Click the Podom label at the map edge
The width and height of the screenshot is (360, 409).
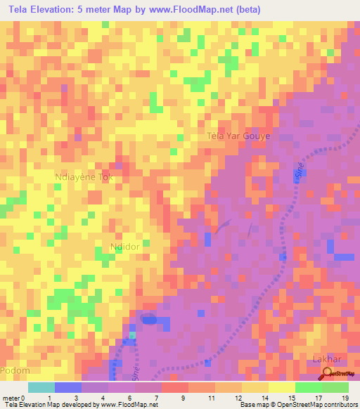15,370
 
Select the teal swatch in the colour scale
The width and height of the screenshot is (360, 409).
41,387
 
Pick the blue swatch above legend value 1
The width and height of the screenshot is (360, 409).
67,387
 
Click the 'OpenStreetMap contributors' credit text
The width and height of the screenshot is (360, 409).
319,404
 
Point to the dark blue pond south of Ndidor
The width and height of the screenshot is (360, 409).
148,319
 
